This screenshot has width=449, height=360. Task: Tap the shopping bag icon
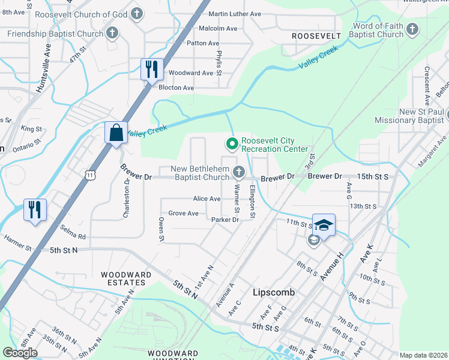[115, 133]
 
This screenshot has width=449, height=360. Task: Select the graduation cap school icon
[324, 225]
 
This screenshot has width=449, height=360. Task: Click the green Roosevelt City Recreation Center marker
[232, 144]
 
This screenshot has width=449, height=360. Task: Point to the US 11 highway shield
[89, 175]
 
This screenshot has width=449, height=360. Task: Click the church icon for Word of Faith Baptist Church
[412, 29]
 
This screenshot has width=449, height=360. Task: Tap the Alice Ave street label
[206, 199]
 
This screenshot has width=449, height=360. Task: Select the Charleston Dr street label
[127, 198]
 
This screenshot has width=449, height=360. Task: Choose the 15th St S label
[373, 177]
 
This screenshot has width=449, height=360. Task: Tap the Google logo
[20, 353]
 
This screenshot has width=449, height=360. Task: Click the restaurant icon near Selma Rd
[35, 211]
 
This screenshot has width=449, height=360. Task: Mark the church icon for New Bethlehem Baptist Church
[239, 173]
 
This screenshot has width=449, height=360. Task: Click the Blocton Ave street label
[176, 88]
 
